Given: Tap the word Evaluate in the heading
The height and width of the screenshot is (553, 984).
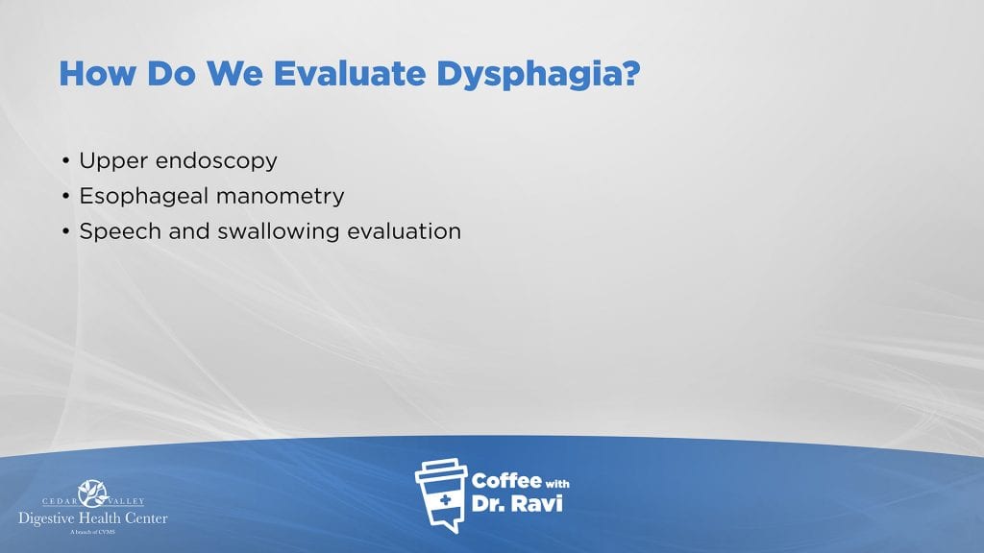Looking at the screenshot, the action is click(350, 73).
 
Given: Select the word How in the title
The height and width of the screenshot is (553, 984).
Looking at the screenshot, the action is click(97, 73).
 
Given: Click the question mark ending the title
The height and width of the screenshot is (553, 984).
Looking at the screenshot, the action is click(632, 73).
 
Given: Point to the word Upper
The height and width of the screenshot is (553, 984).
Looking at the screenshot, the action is click(113, 161).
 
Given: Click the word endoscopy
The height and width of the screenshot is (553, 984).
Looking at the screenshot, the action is click(216, 161).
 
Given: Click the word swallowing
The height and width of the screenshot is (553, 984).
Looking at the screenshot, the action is click(278, 232).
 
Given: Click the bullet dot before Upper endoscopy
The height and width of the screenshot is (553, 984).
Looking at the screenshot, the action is click(66, 161).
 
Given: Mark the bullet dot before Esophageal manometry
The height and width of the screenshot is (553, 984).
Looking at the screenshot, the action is click(66, 196).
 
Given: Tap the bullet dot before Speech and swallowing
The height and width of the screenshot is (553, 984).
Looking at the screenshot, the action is click(66, 231).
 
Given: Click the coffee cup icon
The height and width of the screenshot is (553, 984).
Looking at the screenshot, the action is click(441, 495).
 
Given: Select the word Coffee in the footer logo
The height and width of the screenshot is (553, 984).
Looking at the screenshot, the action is click(506, 480).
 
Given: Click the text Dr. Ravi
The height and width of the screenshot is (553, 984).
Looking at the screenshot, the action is click(517, 503).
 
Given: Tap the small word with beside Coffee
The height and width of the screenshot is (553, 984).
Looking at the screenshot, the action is click(557, 484).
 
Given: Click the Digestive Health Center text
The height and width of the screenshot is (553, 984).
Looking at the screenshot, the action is click(93, 518).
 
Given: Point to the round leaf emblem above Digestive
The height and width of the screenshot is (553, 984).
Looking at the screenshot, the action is click(93, 493).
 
